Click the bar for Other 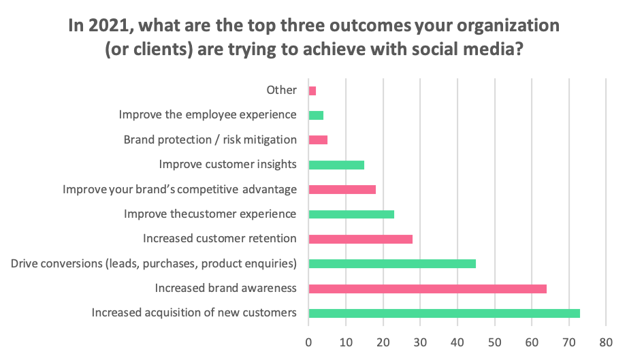[x=312, y=91]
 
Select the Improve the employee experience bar [x=316, y=116]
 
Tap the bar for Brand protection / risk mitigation [x=318, y=140]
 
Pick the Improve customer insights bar [x=336, y=165]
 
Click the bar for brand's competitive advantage [x=342, y=190]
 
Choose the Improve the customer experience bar [x=351, y=214]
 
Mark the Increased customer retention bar [x=361, y=240]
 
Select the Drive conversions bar [x=392, y=264]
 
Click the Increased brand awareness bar [x=428, y=289]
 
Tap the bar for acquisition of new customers [x=445, y=313]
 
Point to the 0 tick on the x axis [x=308, y=342]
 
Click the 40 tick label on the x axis [x=457, y=342]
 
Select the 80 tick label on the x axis [x=606, y=342]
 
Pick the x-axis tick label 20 [x=383, y=342]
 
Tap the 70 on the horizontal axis [x=569, y=342]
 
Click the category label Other [x=282, y=90]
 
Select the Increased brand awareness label [x=226, y=288]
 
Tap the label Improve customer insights [x=228, y=164]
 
